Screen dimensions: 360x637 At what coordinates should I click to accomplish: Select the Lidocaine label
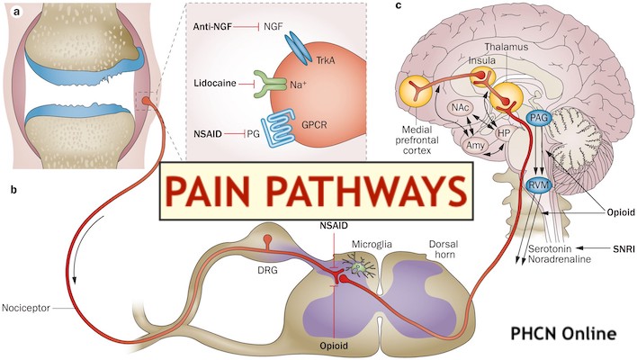pyautogui.click(x=214, y=83)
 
